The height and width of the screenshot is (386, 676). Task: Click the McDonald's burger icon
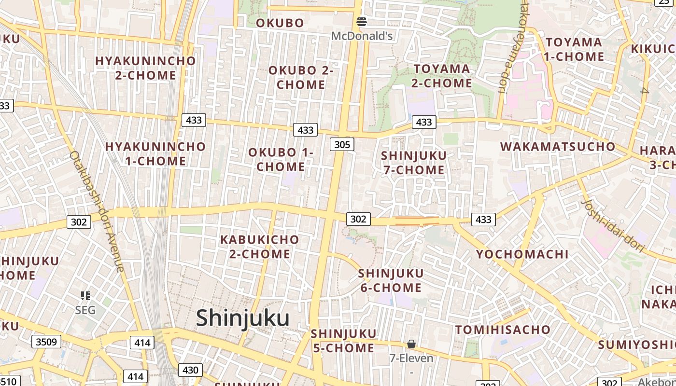[362, 21]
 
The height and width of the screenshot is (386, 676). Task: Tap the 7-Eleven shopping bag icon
[411, 344]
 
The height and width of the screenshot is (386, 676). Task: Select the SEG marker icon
[85, 296]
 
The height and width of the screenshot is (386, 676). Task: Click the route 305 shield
[342, 144]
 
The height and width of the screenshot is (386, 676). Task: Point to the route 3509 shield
[46, 342]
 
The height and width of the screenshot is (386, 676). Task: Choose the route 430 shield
[191, 370]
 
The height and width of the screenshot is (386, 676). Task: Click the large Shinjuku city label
[243, 318]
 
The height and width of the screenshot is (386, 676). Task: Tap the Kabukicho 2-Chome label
[260, 247]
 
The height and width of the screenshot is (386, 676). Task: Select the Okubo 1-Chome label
[281, 160]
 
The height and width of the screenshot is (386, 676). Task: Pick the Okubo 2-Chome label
[301, 77]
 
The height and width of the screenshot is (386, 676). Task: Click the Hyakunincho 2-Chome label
[145, 68]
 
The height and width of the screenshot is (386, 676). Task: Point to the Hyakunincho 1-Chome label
[155, 153]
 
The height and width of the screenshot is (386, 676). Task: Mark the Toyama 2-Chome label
[441, 76]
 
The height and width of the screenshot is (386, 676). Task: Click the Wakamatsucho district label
[558, 147]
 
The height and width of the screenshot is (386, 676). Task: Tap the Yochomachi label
[522, 254]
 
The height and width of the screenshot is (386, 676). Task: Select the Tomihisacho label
[503, 330]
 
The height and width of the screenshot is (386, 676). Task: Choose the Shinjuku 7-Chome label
[414, 163]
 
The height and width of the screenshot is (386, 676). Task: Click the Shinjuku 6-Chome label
[391, 280]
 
